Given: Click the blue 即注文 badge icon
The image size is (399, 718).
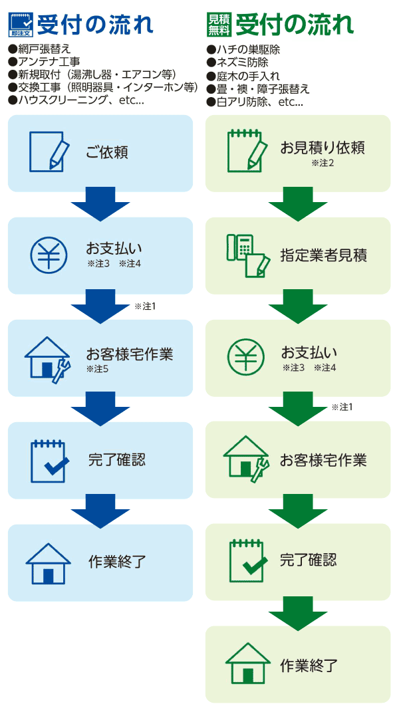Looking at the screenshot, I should tap(20, 25).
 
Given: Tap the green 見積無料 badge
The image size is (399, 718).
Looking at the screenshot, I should tap(219, 25).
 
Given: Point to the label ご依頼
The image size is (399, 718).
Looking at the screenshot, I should tap(106, 153).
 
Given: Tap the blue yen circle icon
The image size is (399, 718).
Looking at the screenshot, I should tap(48, 255).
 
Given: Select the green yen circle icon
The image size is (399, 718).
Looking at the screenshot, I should tap(245, 357).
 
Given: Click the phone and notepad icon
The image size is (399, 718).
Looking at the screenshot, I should tap(247, 255).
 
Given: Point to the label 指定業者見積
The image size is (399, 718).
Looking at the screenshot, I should tap(323, 255).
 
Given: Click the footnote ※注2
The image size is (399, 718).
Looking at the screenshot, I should tap(321, 163).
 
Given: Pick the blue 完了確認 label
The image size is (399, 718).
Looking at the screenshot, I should tap(116, 460).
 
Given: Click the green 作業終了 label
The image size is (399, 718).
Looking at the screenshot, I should tap(309, 665).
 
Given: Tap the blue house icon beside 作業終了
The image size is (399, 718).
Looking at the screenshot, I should tap(48, 563).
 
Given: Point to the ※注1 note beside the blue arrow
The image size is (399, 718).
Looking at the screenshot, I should tap(145, 306).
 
